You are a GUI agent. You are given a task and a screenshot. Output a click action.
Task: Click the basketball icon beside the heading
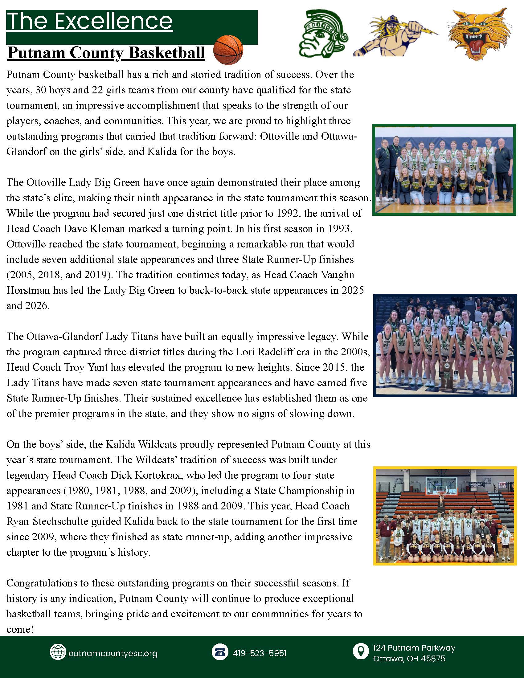click(228, 49)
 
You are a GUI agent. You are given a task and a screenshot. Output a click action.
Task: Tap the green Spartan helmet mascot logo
click(323, 34)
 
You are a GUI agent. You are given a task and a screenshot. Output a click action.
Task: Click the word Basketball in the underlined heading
click(166, 53)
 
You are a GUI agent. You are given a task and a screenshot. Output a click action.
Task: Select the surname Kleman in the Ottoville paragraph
click(106, 229)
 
